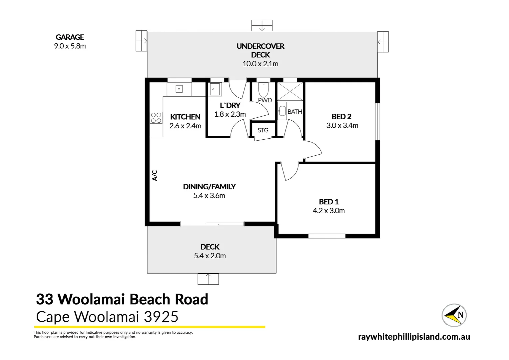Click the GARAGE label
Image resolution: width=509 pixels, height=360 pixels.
pos(70,37)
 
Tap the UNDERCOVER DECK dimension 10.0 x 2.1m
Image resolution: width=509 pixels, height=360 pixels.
pos(260,64)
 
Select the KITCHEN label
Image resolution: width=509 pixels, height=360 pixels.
pos(185,117)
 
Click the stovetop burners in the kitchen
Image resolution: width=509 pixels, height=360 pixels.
pos(156,118)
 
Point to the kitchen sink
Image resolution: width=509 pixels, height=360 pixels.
pos(179,89)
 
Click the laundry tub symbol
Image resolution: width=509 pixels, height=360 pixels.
pos(215,89)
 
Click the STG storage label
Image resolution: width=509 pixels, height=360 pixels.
pos(263,130)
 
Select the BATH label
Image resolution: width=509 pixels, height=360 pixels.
pos(295,112)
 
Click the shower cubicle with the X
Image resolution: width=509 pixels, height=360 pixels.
pos(290,91)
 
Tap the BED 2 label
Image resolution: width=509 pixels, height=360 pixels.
pos(341,117)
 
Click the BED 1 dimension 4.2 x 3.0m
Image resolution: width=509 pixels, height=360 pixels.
pos(329,211)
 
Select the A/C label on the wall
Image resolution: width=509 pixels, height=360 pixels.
pos(155,176)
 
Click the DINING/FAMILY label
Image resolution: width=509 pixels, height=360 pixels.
pos(209,187)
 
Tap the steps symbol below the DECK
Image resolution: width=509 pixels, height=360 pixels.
pos(208,279)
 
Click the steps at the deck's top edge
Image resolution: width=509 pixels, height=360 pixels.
pos(262,26)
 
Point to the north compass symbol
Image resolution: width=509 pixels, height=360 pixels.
pos(454,315)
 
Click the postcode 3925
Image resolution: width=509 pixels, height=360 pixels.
pos(161,317)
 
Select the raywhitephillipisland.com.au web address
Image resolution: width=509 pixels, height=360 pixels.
pos(414,337)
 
